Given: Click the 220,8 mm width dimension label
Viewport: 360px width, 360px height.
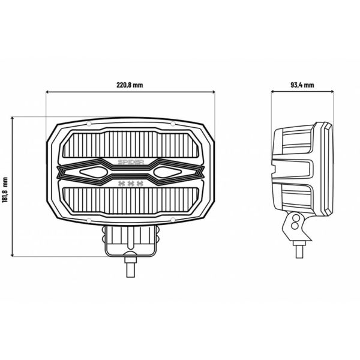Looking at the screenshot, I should [130, 85].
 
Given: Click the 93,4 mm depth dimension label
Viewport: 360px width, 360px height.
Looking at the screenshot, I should [302, 85].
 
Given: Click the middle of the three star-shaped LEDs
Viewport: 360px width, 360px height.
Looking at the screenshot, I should [130, 182].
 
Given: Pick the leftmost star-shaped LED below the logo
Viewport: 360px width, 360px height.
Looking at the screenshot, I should [121, 182].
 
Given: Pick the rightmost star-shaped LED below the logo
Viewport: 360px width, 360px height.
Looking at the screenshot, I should [140, 182].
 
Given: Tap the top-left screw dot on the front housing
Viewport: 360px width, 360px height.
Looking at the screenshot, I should [89, 124].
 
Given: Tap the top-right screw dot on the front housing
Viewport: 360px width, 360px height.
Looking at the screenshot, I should [172, 124].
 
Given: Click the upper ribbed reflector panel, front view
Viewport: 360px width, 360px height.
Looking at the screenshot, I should [130, 144].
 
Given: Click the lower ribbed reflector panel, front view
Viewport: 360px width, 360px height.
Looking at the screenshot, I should [130, 201].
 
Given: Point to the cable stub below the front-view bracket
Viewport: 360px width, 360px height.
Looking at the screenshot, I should [130, 266].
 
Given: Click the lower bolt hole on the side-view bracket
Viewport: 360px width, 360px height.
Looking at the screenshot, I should [295, 229].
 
